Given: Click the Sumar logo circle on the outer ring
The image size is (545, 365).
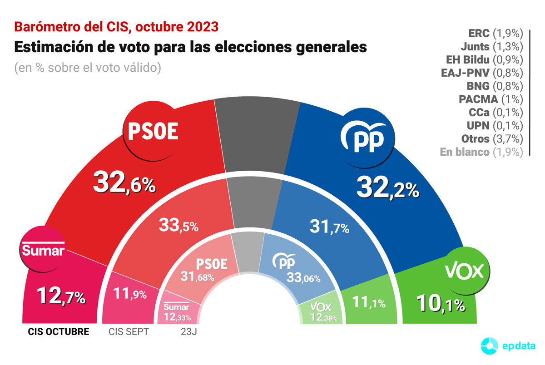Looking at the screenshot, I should pyautogui.click(x=44, y=250).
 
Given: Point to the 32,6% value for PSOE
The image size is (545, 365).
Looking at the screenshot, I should pyautogui.click(x=124, y=183).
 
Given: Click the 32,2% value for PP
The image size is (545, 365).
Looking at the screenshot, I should pyautogui.click(x=387, y=187).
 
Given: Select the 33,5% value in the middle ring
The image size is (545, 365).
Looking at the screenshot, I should pyautogui.click(x=178, y=225).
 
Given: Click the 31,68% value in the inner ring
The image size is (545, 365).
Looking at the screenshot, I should pyautogui.click(x=198, y=276).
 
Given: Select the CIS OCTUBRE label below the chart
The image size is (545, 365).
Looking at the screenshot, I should pyautogui.click(x=59, y=332).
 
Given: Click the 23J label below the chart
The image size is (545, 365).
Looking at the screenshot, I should pyautogui.click(x=188, y=332).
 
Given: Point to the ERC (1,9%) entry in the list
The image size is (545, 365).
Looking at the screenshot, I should pyautogui.click(x=495, y=34).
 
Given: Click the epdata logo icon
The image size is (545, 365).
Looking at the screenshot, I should pyautogui.click(x=489, y=346).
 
